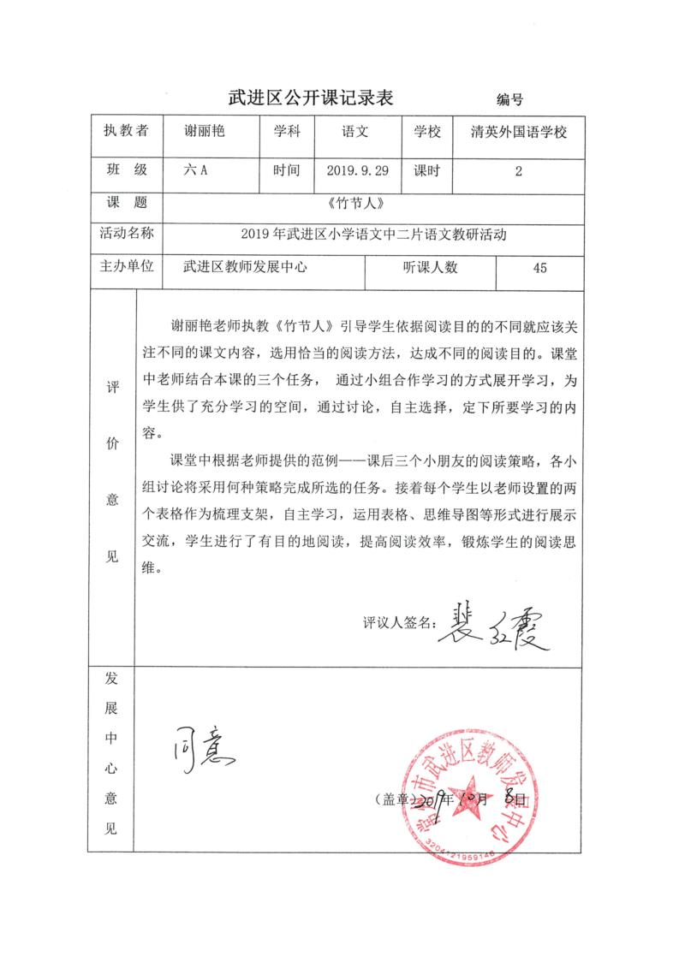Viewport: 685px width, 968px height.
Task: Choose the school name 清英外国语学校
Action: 520,133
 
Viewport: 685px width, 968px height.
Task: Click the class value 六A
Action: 196,170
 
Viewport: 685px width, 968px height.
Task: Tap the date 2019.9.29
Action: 358,170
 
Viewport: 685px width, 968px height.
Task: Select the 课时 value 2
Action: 519,171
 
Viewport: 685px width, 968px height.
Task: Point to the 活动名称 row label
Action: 125,233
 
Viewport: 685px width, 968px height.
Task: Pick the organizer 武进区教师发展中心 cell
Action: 245,268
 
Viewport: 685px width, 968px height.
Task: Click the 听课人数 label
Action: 430,268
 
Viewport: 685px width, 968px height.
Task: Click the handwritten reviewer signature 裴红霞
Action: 492,634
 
